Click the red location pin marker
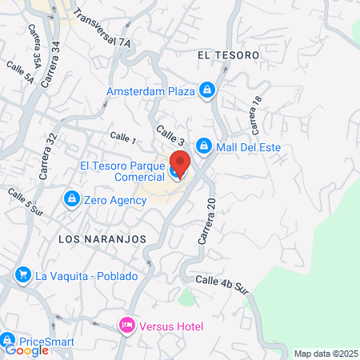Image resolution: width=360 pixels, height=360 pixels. [179, 163]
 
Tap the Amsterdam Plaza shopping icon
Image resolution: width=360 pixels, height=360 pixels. [207, 90]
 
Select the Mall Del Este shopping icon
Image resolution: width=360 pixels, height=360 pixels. [204, 146]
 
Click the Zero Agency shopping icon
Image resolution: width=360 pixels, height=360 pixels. [72, 198]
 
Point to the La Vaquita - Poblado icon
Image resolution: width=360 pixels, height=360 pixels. [22, 276]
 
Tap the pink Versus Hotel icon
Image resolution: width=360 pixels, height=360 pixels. [126, 326]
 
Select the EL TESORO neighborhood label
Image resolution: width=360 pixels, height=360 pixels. [228, 55]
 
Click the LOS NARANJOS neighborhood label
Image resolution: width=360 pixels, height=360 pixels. [102, 239]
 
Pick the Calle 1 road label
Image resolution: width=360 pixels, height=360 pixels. [124, 140]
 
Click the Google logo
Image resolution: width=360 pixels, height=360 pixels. [26, 350]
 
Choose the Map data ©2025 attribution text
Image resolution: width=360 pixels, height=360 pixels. [326, 353]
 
